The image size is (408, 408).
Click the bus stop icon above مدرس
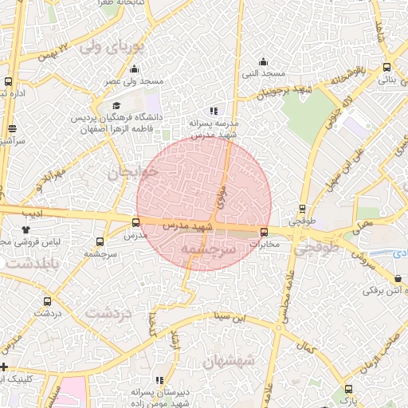click(x=135, y=223)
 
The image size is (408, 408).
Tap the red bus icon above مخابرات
click(x=264, y=232)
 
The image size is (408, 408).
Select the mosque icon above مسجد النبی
click(x=264, y=61)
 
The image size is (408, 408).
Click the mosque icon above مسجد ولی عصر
click(x=134, y=69)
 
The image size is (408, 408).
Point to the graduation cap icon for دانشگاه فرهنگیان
click(x=116, y=105)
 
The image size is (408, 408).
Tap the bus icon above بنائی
click(x=386, y=68)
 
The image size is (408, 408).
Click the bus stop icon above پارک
click(x=347, y=389)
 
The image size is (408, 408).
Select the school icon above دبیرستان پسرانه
click(x=159, y=380)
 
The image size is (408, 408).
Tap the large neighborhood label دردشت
click(x=108, y=313)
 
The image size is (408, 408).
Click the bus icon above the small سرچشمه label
click(x=100, y=241)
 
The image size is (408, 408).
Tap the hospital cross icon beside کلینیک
click(x=5, y=367)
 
